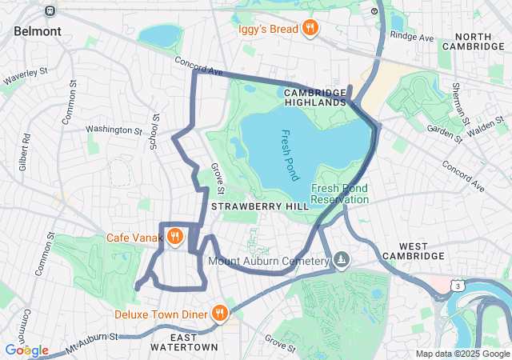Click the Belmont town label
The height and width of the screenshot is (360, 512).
click(x=37, y=31)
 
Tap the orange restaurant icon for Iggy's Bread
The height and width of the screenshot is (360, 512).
click(x=310, y=30)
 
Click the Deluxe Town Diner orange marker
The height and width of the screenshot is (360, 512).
click(x=219, y=314)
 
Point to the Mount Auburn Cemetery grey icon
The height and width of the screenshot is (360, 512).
click(x=342, y=260)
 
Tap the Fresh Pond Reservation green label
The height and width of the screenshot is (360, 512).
click(x=340, y=194)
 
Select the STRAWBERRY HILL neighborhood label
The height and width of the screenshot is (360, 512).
click(x=248, y=206)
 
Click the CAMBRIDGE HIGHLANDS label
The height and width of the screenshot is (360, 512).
click(x=314, y=98)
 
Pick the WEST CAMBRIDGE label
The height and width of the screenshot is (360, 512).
click(x=410, y=250)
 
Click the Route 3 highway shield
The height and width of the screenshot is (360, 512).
click(x=456, y=285)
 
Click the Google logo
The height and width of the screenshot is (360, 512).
click(x=26, y=350)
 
